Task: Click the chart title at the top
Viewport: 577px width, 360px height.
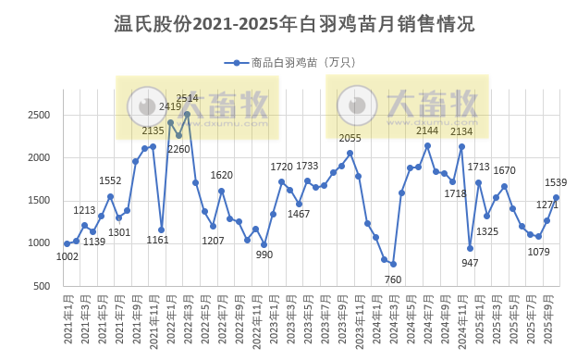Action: coord(288,23)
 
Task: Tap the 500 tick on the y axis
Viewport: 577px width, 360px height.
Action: coord(43,286)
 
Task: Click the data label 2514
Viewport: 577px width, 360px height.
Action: coord(187,98)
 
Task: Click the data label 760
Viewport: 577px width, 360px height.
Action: coord(392,279)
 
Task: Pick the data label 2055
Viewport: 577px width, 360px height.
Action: coord(350,138)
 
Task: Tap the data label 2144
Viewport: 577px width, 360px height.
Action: coord(427,130)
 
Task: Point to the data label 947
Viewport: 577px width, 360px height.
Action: coord(470,264)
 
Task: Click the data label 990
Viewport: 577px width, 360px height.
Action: coord(265,255)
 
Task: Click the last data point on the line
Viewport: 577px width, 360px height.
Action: coord(556,197)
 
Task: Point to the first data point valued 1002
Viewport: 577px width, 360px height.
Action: coord(67,243)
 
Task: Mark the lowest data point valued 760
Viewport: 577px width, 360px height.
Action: coord(393,265)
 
